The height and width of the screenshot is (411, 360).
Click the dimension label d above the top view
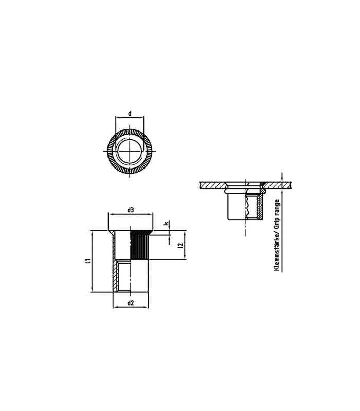point(130,114)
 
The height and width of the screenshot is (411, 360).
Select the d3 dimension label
point(131,210)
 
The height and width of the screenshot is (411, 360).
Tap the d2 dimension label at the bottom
point(131,303)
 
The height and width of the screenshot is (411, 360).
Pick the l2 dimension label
point(181,245)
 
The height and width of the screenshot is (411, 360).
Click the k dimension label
point(166,223)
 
